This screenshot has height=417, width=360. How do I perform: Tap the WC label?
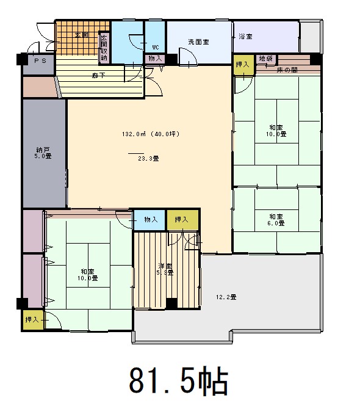(x=155, y=47)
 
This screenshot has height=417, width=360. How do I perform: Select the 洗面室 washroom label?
(x=198, y=42)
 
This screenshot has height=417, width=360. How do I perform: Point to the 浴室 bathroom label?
(x=245, y=37)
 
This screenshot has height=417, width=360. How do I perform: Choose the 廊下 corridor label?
(x=98, y=75)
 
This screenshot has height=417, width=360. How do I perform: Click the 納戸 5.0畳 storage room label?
(x=43, y=152)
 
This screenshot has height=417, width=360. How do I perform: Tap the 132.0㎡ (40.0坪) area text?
(x=149, y=134)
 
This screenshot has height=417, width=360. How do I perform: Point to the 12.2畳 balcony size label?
(x=226, y=297)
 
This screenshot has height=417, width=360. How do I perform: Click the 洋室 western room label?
(x=165, y=269)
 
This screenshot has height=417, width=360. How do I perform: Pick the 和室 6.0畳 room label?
(x=276, y=220)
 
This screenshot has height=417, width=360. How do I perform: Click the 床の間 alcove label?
(x=286, y=70)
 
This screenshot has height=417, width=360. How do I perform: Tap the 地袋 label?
(x=265, y=59)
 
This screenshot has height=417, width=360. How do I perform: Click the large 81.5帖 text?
(x=178, y=382)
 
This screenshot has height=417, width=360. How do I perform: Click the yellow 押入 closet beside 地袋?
(x=243, y=64)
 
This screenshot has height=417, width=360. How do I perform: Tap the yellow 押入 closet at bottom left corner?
(x=32, y=319)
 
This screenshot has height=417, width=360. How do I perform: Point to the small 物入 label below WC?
(x=155, y=59)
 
